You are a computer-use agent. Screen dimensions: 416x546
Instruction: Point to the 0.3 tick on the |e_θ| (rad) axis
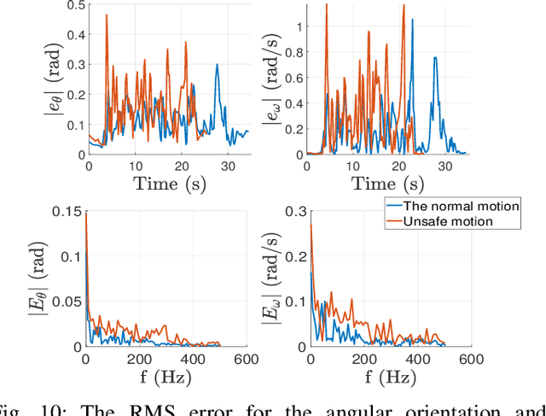pos(73,65)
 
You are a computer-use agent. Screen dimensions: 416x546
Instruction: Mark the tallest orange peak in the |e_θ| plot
pos(106,15)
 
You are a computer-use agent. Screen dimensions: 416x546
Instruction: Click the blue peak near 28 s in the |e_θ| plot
pos(217,64)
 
